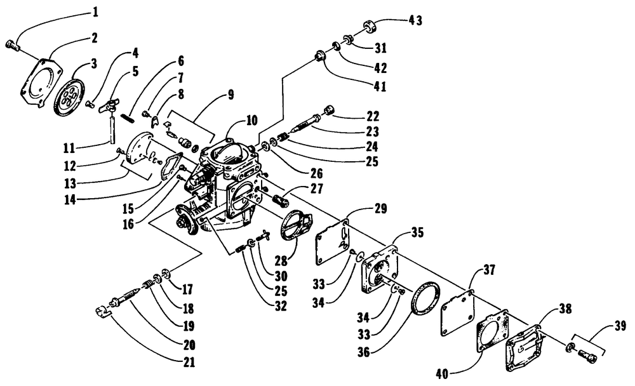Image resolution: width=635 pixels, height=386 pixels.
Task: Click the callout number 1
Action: (x=95, y=11)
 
